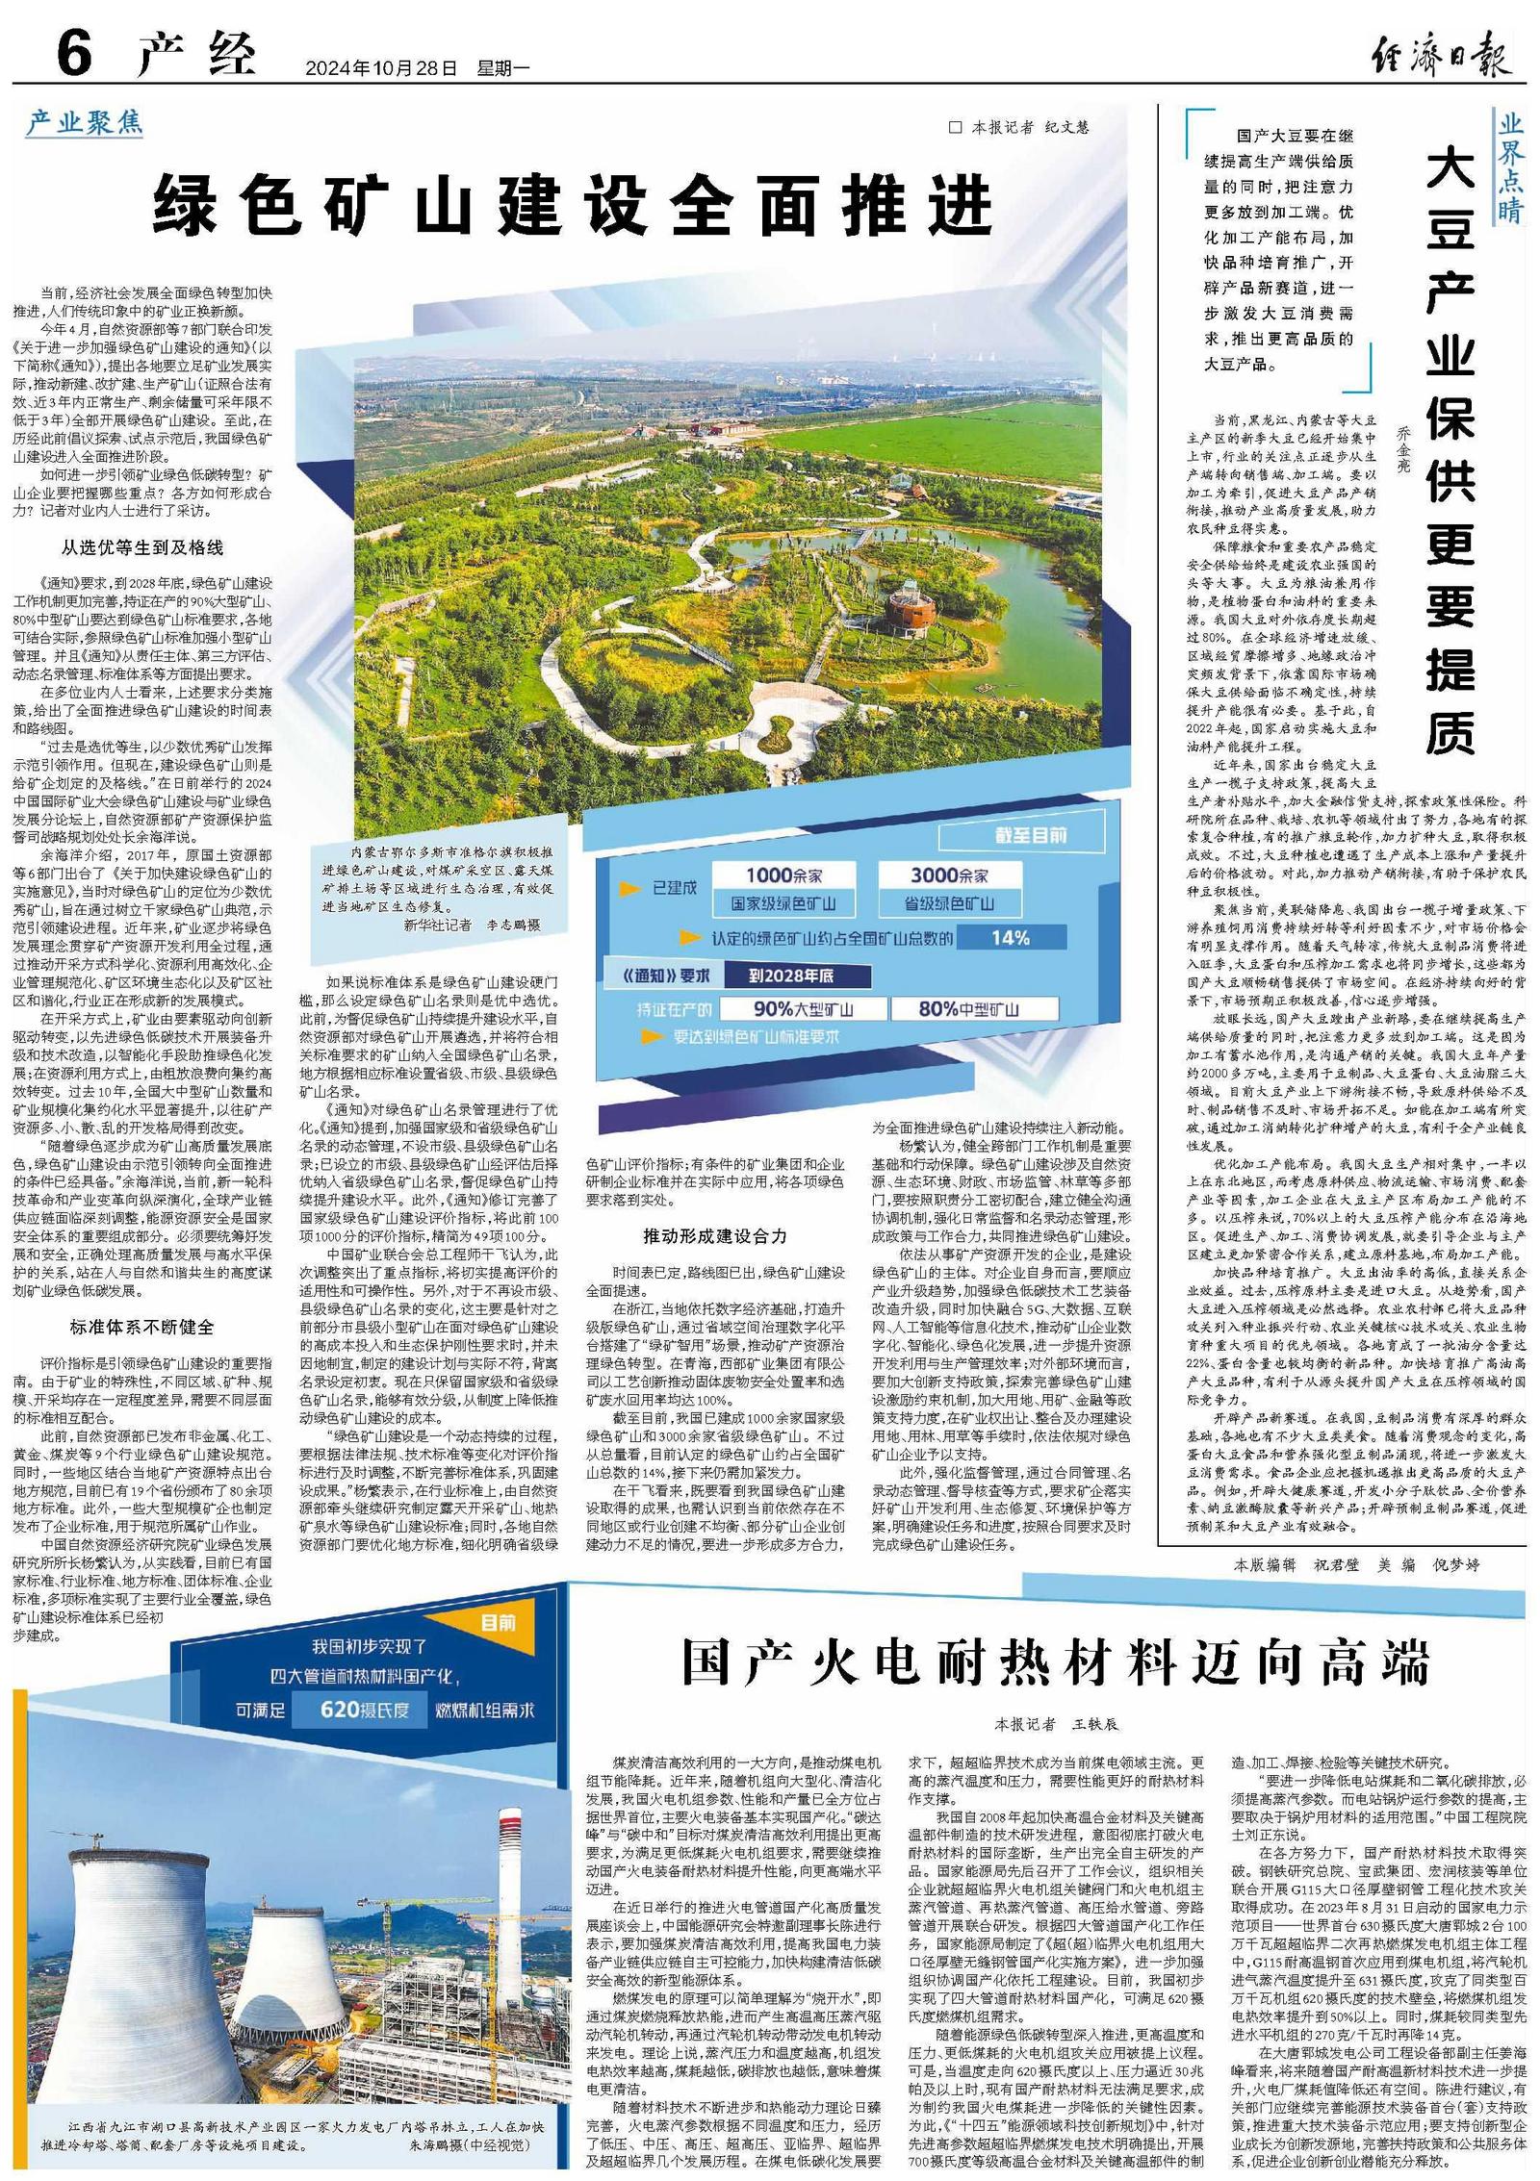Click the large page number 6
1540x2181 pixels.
(x=74, y=53)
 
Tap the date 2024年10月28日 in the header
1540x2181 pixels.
(x=379, y=68)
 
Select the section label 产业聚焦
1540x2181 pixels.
(x=85, y=122)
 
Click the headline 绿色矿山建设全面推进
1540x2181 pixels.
(x=574, y=205)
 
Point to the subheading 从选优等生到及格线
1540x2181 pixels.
(x=142, y=547)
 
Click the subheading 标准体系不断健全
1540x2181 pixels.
(x=141, y=1327)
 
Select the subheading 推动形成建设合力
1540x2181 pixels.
(x=715, y=1235)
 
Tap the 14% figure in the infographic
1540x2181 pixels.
(x=1010, y=938)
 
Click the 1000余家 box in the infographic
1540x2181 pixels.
(x=785, y=875)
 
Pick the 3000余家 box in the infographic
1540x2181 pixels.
(x=949, y=875)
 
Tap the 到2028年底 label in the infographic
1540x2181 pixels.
(x=791, y=976)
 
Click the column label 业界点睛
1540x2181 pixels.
(x=1509, y=166)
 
